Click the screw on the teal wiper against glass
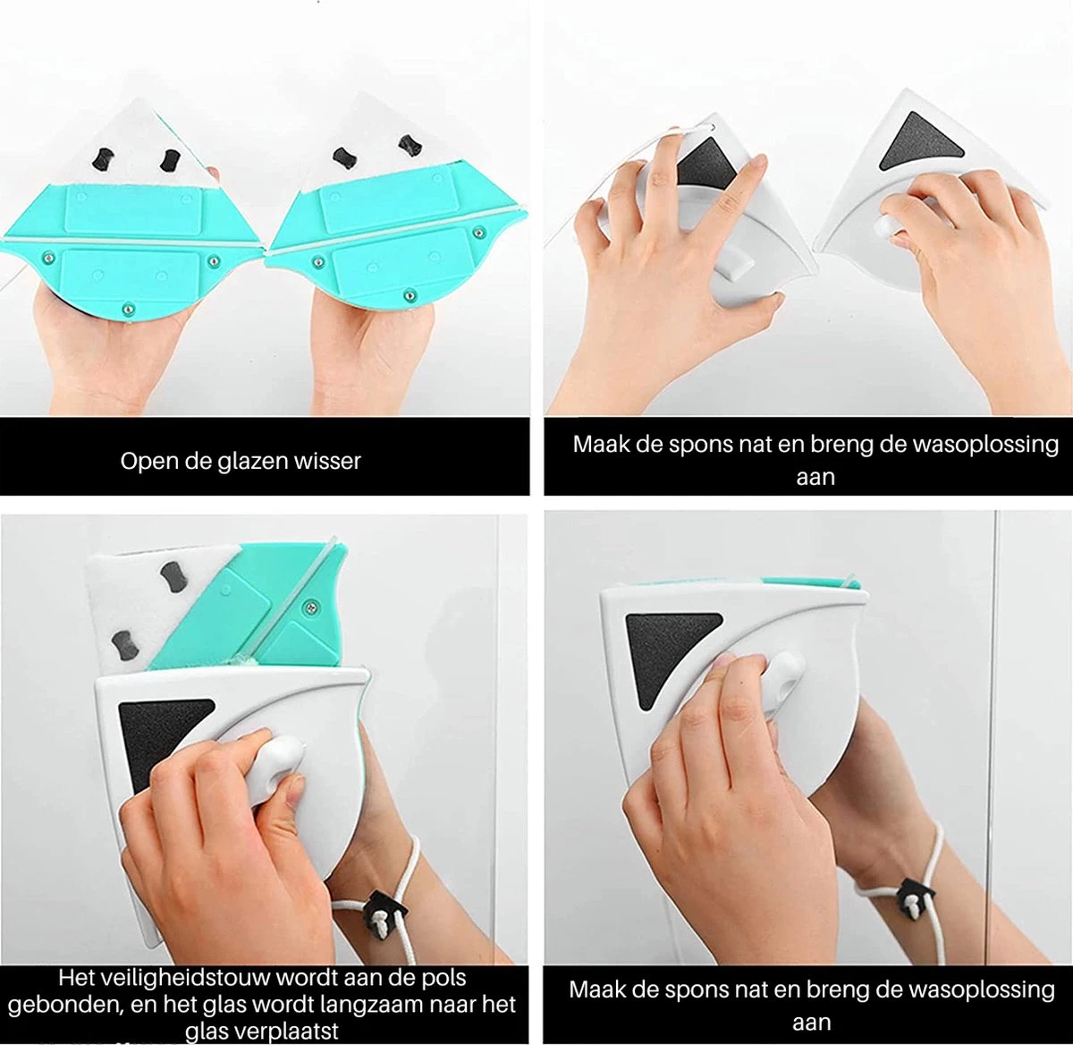(x=311, y=607)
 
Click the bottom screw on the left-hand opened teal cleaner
(x=128, y=309)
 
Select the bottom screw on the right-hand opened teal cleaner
(x=409, y=296)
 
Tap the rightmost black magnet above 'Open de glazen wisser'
(x=410, y=146)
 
